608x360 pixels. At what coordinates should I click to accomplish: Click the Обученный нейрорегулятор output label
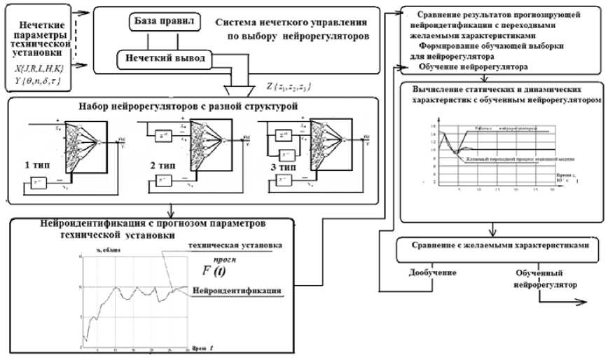[x=541, y=279]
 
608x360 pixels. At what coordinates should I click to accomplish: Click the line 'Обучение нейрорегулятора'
[x=473, y=66]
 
